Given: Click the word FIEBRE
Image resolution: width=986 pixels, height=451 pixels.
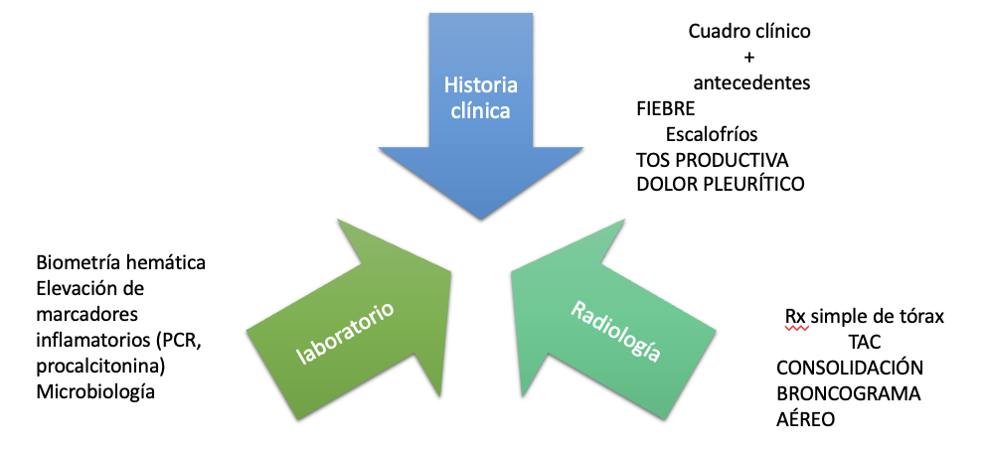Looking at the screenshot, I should pos(666,108).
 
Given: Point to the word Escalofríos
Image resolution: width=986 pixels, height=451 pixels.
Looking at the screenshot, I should pos(713,134).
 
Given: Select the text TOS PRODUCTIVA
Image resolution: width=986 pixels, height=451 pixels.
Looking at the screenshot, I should pos(713,159).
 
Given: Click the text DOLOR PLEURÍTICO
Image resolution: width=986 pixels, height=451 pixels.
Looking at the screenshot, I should pos(721,184).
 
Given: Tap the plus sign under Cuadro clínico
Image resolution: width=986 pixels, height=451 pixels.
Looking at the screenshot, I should pos(749,56).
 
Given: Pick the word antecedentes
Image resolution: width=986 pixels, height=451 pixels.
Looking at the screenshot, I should pos(751,82).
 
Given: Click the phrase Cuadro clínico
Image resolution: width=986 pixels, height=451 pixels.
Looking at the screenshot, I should pos(749,31).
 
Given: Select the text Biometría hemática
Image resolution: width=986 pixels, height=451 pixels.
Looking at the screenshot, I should pos(120,263).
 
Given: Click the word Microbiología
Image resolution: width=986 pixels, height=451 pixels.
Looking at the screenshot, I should pos(95,392).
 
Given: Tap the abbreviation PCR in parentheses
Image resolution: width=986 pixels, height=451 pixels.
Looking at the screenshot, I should pos(182,341).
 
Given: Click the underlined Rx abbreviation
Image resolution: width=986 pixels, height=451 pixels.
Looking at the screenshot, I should pos(795,316).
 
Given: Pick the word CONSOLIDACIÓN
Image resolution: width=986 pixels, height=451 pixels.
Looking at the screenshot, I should pos(850,368).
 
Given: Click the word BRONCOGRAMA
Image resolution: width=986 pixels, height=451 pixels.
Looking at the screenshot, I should pos(848,393).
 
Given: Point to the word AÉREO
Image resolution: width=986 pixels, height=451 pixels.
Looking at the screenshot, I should pos(805,419).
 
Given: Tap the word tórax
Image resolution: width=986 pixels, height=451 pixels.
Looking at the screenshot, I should pos(919,316).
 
